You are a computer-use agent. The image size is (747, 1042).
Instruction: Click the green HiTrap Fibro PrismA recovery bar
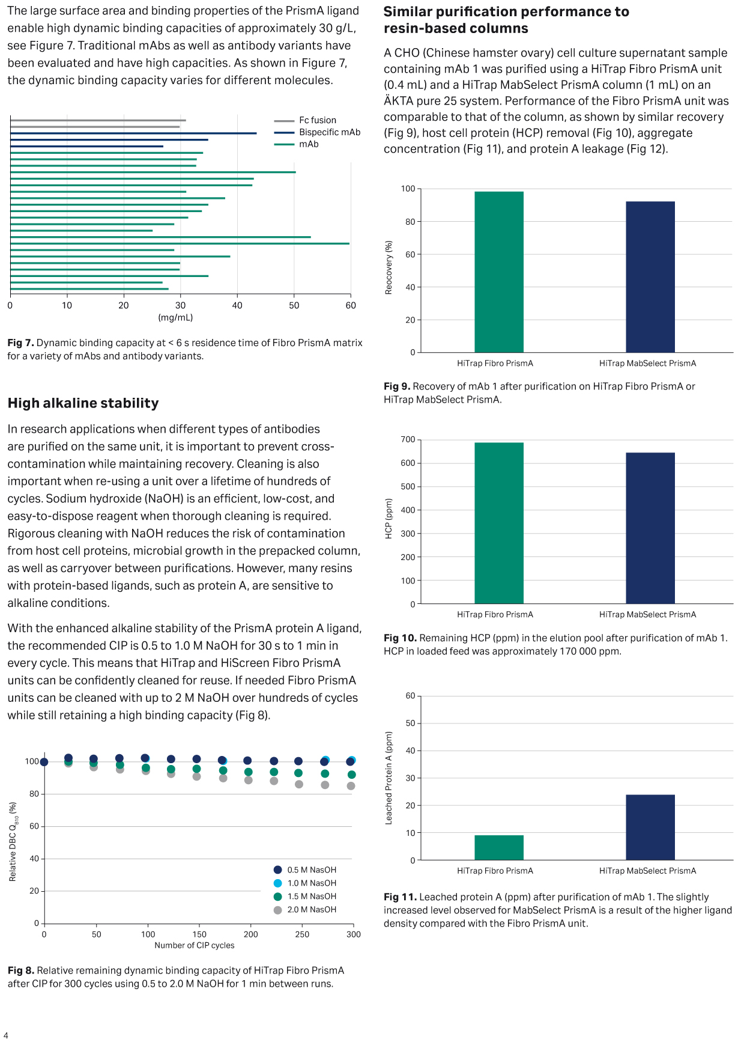(x=498, y=272)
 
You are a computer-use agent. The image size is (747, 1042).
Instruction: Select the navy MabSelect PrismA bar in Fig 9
(x=650, y=276)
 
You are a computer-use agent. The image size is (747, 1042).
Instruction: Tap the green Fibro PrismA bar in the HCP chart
(x=498, y=523)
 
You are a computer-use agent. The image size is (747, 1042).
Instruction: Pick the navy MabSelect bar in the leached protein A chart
(x=650, y=827)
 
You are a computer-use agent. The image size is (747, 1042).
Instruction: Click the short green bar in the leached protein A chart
(x=498, y=847)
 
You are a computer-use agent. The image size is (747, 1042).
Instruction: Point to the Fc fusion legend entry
(x=317, y=120)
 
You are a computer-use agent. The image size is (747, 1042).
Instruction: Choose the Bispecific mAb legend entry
(x=329, y=132)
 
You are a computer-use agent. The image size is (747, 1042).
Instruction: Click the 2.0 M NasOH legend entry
(x=311, y=910)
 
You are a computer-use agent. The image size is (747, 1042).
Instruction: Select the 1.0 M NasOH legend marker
(x=277, y=883)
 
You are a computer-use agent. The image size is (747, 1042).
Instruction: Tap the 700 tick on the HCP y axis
(x=408, y=440)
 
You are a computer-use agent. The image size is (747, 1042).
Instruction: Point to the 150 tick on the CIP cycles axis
(x=199, y=934)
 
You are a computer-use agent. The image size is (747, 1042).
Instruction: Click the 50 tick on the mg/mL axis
(x=294, y=305)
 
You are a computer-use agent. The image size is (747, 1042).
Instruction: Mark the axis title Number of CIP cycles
(x=195, y=945)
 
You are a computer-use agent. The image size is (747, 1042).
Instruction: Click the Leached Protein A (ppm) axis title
(x=389, y=778)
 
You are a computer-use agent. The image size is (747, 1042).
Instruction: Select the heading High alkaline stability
(x=83, y=403)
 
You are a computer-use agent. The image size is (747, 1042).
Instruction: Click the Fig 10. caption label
(x=400, y=638)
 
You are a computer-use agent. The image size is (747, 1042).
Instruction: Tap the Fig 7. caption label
(x=20, y=343)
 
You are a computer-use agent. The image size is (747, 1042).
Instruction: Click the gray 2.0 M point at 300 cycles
(x=351, y=786)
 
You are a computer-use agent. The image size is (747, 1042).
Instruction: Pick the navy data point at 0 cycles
(x=44, y=762)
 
